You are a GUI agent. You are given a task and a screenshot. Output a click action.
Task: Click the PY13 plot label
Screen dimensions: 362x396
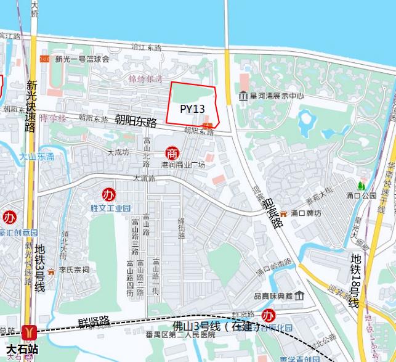(x=192, y=109)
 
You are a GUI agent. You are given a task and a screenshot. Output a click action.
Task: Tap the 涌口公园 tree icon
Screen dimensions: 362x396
(x=361, y=185)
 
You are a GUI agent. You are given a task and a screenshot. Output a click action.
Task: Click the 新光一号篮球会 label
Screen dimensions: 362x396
(x=82, y=59)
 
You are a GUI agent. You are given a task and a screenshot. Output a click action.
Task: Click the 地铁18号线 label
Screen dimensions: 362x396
(x=355, y=281)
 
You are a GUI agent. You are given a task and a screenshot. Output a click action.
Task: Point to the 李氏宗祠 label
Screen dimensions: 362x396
(x=74, y=269)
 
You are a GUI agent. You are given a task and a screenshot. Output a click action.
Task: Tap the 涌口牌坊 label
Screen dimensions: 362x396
(x=307, y=213)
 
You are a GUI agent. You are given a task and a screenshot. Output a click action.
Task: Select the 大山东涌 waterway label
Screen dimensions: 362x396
(x=36, y=157)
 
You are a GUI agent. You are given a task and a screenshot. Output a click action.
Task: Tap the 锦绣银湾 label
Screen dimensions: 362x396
(x=145, y=79)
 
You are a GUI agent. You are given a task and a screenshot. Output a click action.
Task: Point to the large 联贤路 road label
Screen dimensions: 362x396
(x=94, y=322)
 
